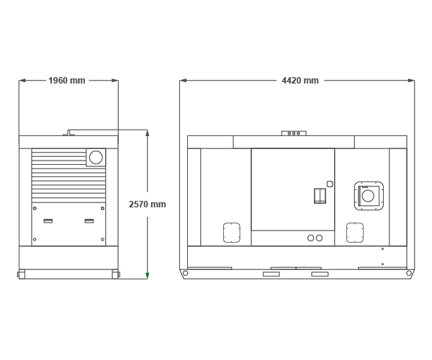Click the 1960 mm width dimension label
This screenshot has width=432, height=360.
(67, 81)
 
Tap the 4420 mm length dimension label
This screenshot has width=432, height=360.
(300, 81)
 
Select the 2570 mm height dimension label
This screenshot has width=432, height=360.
(148, 204)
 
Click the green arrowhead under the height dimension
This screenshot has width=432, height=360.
(148, 276)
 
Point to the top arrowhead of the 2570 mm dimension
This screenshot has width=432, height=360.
(148, 132)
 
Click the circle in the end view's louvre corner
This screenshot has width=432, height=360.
(96, 157)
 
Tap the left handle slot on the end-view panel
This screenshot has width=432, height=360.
(48, 221)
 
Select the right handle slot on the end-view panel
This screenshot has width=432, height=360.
(89, 221)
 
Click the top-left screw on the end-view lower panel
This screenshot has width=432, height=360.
(35, 208)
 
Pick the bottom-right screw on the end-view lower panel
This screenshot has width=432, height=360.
(102, 239)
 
